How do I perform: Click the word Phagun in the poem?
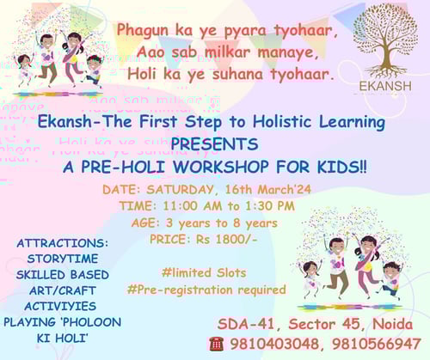[144, 31]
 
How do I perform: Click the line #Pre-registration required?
[206, 290]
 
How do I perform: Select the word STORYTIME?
[60, 259]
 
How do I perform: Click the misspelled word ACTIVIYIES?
[60, 305]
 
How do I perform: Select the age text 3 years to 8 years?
[230, 221]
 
